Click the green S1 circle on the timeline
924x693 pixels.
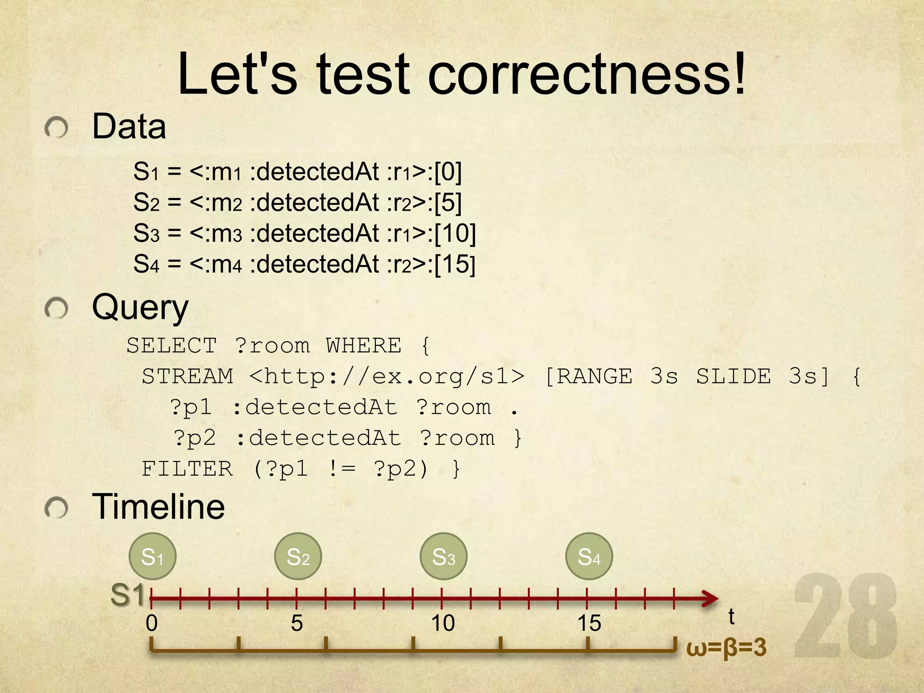click(x=152, y=556)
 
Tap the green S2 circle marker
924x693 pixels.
click(x=298, y=556)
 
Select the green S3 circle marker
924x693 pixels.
click(x=444, y=556)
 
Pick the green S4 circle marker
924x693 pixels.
click(x=589, y=556)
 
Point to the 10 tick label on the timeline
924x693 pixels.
click(x=443, y=623)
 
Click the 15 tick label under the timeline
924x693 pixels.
click(x=589, y=623)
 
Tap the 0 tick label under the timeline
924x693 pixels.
click(x=152, y=623)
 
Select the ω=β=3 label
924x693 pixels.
click(x=726, y=647)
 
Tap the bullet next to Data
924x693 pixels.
click(x=56, y=128)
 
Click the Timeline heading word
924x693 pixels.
click(x=158, y=507)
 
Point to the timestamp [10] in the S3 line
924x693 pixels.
click(x=455, y=233)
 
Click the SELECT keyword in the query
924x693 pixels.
click(x=171, y=346)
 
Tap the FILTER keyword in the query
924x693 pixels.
click(x=187, y=469)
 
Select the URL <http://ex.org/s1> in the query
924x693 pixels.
click(x=387, y=377)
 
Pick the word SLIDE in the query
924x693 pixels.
click(x=733, y=377)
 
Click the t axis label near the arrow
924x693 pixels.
click(x=731, y=617)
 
